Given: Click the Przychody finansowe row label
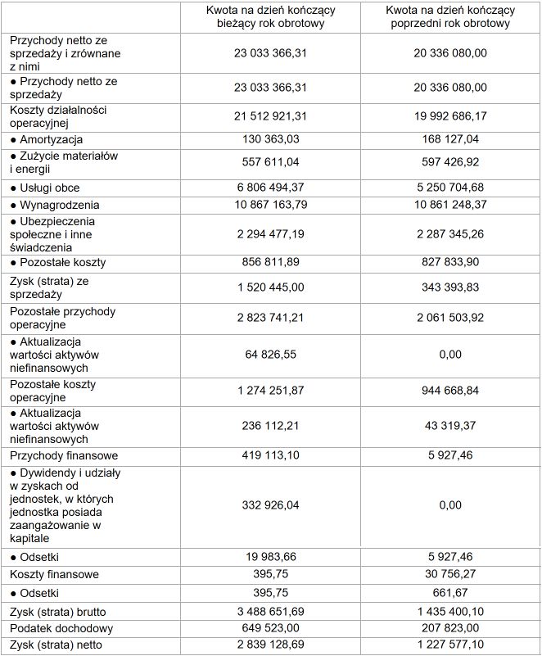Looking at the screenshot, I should (x=64, y=455).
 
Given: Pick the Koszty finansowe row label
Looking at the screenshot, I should (x=54, y=574).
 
